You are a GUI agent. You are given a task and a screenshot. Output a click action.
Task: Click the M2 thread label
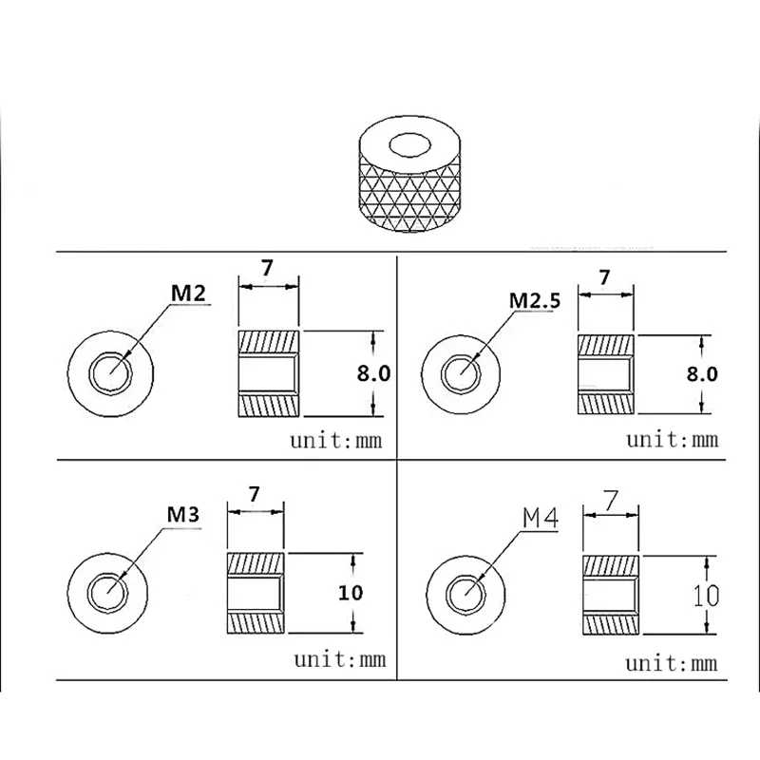point(188,293)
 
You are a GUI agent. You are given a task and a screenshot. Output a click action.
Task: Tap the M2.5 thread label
point(535,300)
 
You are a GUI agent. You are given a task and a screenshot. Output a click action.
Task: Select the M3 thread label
point(182,514)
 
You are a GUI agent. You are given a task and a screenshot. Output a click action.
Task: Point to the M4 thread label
point(541,518)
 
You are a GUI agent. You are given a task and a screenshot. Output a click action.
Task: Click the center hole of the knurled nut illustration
point(409,145)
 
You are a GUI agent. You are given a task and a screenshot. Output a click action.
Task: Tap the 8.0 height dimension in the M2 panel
point(373,373)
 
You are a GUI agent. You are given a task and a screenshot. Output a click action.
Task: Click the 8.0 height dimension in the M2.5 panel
point(702,373)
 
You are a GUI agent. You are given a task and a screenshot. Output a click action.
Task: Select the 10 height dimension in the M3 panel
point(351,592)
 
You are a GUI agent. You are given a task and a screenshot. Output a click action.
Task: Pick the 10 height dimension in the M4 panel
point(706,596)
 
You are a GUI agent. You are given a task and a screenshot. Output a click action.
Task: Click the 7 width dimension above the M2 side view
point(267,268)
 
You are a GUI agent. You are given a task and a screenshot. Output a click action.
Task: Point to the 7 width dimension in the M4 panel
point(611,501)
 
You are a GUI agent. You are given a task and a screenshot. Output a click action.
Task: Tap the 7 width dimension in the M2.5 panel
point(604,277)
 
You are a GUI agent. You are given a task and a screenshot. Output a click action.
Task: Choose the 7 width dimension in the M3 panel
point(255,494)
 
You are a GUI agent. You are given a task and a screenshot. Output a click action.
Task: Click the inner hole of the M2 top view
point(110,373)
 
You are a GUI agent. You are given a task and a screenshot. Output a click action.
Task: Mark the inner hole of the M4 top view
point(465,595)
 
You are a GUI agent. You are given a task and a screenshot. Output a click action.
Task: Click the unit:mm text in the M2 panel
point(336,441)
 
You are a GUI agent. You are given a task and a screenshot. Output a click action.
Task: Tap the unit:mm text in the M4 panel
point(672,663)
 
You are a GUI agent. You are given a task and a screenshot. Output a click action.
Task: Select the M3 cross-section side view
point(256,593)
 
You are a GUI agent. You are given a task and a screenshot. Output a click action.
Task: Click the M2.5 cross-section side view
point(606,374)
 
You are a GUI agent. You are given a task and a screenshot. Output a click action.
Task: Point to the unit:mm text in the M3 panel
point(340,659)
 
